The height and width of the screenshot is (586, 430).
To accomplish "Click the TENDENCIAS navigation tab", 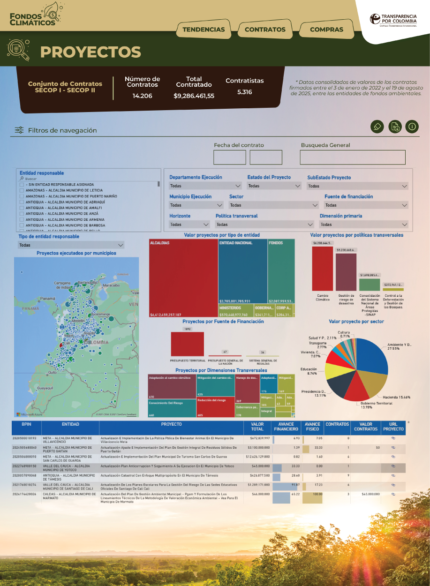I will [204, 30].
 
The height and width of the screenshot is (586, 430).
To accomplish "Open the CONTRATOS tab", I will [265, 30].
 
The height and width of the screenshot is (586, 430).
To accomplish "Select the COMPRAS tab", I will [326, 30].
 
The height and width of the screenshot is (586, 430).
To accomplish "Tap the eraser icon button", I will [377, 126].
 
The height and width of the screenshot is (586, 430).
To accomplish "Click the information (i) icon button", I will [412, 126].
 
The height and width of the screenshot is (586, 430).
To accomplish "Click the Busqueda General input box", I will [353, 157].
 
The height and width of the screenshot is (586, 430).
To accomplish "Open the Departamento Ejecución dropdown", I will [205, 186].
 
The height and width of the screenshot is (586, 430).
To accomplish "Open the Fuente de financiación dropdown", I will [366, 205].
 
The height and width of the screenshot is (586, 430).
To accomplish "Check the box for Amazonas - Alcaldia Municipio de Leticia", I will [22, 190].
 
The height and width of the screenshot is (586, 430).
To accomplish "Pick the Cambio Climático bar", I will [323, 268].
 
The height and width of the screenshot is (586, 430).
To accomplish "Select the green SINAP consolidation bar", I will [370, 285].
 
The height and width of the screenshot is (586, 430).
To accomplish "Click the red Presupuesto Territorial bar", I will [188, 345].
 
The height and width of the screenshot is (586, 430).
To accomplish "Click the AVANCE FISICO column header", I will [312, 427].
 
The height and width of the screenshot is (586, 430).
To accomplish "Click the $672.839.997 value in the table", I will [257, 438].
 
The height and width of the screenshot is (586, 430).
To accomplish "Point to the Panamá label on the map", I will [47, 298].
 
